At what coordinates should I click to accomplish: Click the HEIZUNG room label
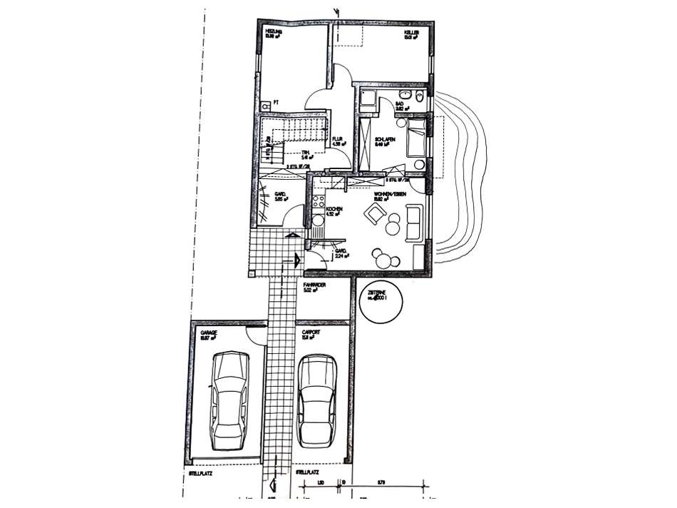click(273, 33)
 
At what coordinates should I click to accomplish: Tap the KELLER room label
click(411, 33)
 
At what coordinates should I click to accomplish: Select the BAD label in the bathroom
click(400, 105)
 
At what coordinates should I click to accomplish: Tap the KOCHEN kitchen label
click(335, 209)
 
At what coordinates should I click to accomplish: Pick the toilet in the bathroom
click(420, 97)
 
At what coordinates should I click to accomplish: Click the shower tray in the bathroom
click(368, 99)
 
